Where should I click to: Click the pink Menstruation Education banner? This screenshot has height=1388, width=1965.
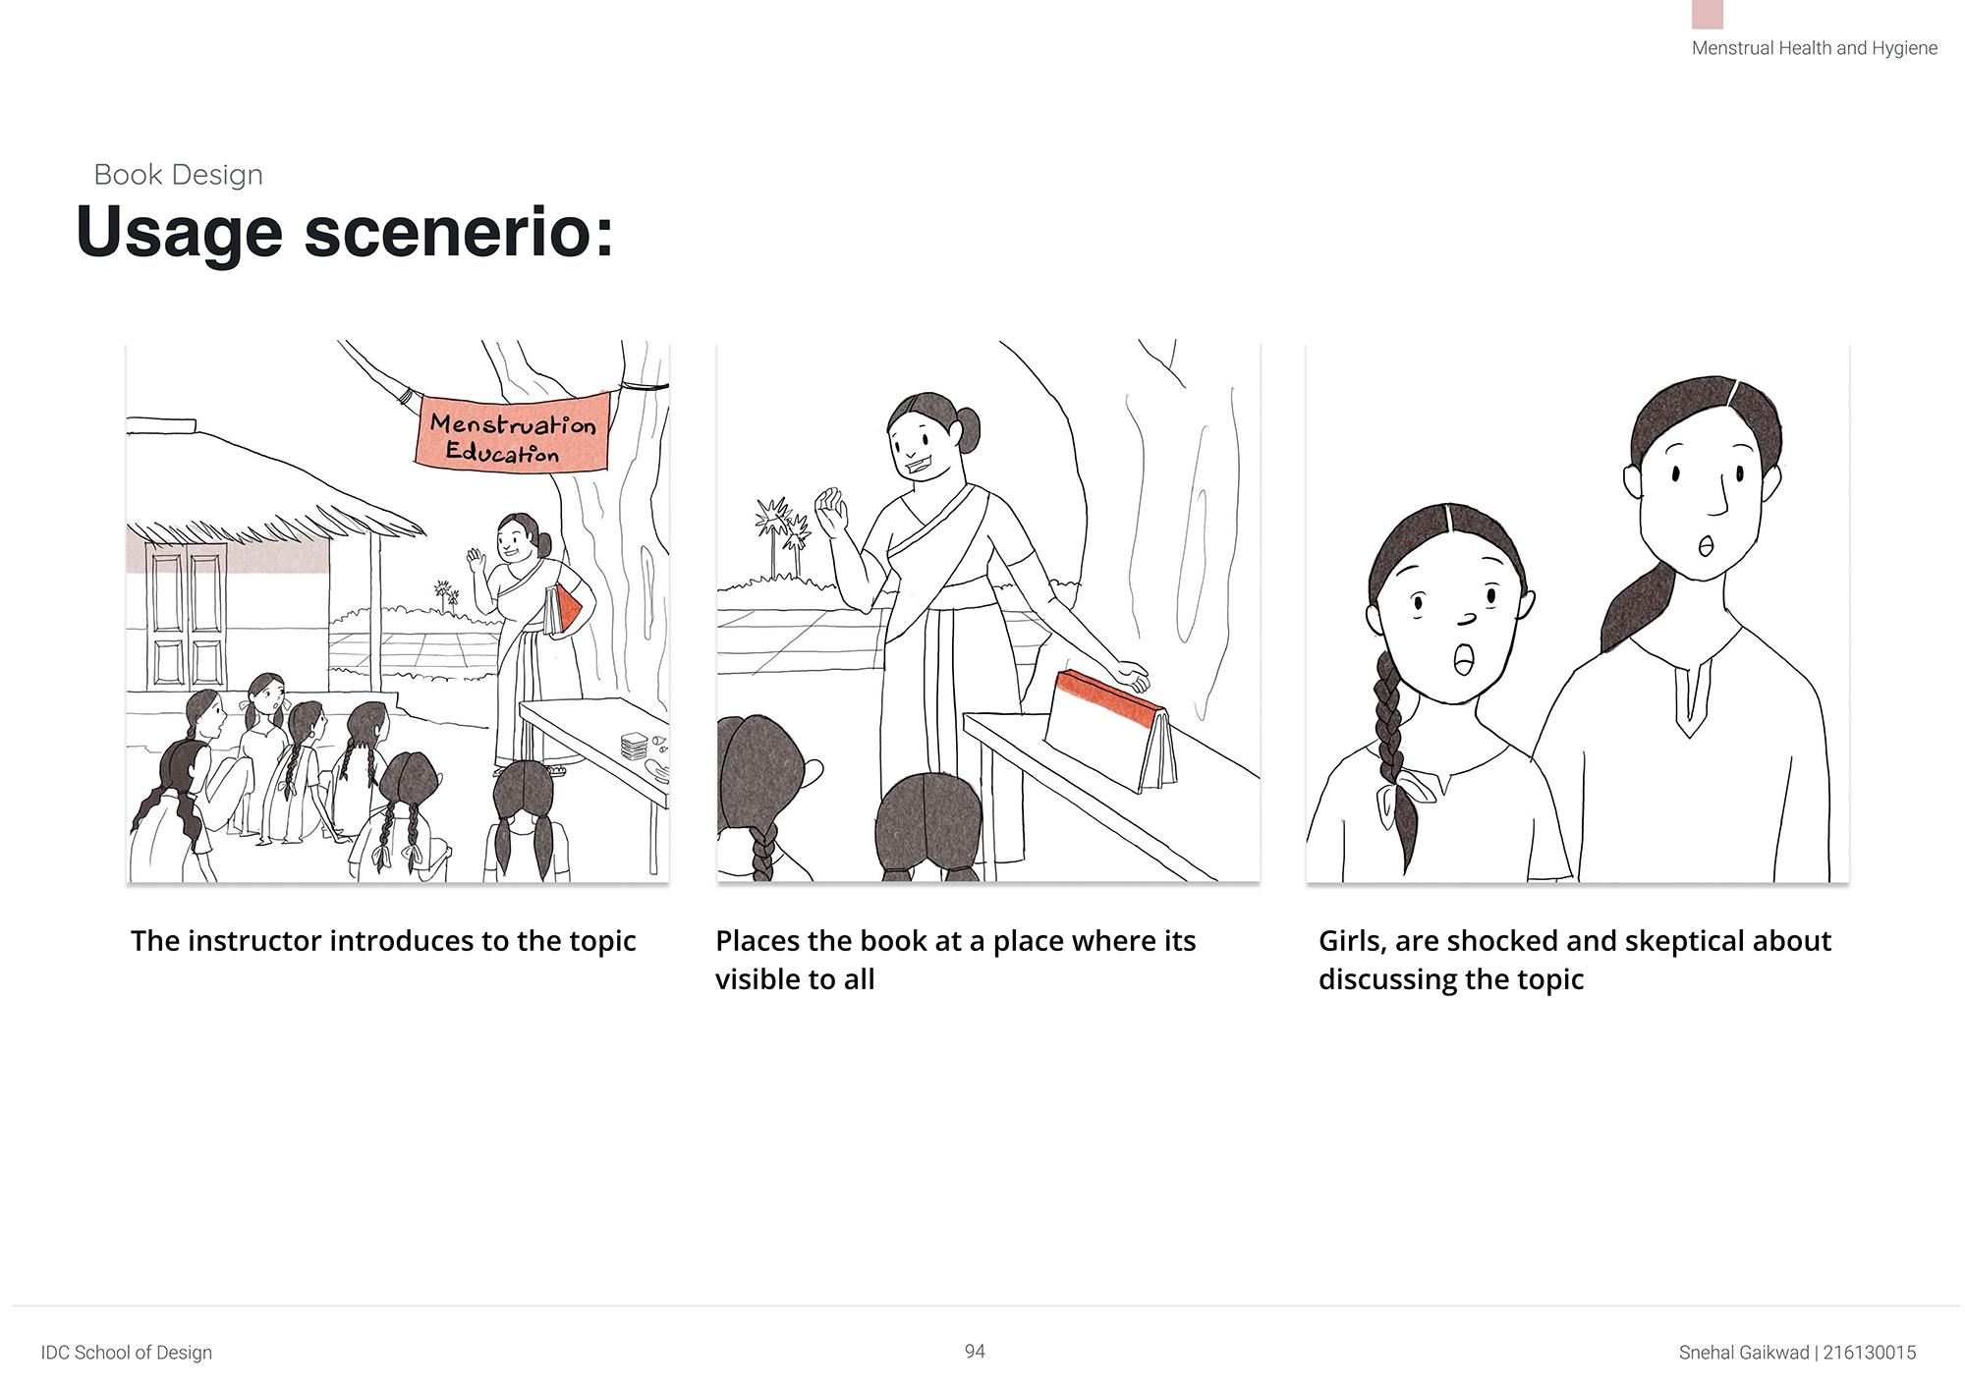[x=514, y=432]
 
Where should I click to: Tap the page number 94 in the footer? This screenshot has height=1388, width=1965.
[x=975, y=1352]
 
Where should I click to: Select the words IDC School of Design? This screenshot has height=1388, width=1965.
[x=127, y=1353]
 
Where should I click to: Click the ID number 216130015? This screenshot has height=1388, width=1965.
[x=1870, y=1353]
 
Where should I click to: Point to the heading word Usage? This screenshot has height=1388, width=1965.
[x=180, y=233]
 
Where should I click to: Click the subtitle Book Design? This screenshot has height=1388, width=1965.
[x=179, y=175]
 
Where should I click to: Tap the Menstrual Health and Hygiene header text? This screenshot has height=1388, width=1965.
[x=1815, y=48]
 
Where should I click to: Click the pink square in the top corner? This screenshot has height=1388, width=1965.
[x=1708, y=14]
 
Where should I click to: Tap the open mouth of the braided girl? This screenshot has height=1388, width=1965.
[x=1463, y=659]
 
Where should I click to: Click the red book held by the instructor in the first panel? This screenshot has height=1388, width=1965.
[x=564, y=609]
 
